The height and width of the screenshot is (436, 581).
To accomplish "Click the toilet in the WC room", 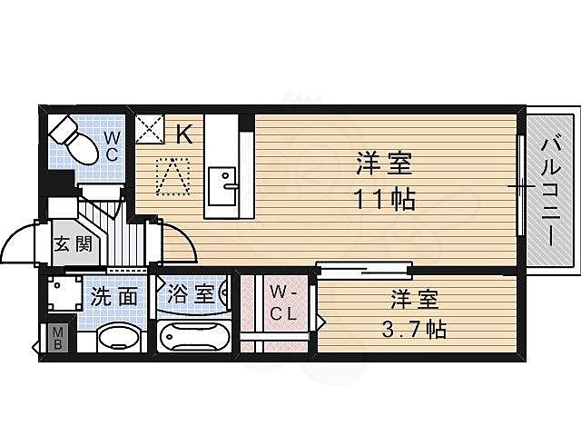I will (x=73, y=137).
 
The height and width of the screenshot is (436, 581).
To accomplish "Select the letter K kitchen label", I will (x=183, y=135).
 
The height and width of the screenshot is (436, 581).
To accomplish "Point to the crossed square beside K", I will (x=148, y=128).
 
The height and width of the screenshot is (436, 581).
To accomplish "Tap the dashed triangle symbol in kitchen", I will (x=170, y=177).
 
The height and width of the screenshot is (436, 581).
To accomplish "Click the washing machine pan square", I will (x=65, y=294).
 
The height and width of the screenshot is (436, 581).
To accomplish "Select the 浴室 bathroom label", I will (x=191, y=293).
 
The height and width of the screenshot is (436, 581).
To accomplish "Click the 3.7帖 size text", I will (x=413, y=329).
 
